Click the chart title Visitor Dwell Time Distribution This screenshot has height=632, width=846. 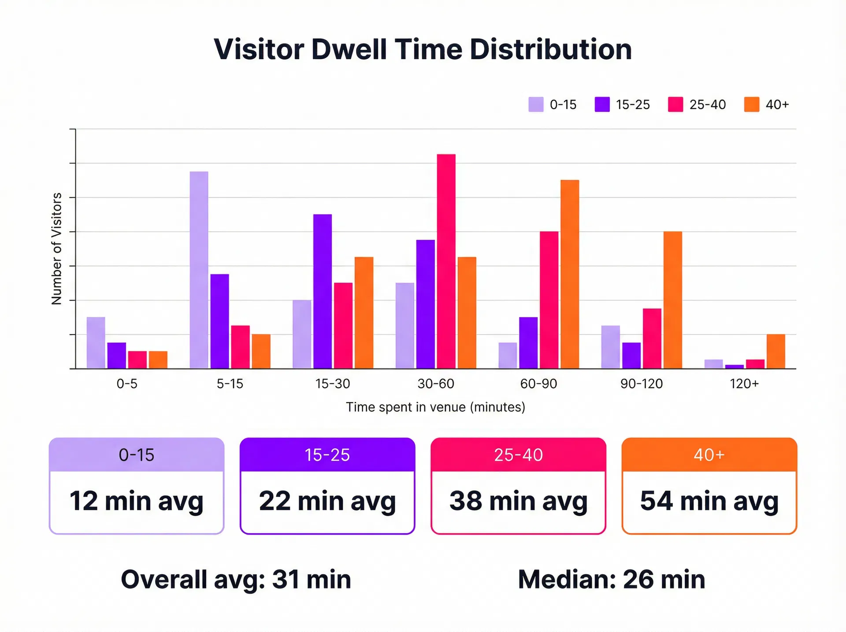point(423,49)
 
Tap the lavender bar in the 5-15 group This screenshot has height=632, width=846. point(199,270)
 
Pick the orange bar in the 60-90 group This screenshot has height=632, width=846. point(569,274)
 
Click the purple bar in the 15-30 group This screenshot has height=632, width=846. point(323,291)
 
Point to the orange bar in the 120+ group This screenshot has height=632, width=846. point(775,351)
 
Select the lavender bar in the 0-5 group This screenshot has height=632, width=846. point(96,342)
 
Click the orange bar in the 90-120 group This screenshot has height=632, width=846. point(672,300)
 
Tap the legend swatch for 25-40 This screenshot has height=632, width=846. point(675,104)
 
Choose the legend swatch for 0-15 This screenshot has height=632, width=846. point(535,104)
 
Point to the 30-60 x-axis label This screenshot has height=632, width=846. point(435,383)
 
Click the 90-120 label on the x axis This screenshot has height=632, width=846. point(641,383)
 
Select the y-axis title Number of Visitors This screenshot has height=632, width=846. point(56,249)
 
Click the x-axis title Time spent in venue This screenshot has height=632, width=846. point(435,407)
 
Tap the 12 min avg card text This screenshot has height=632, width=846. point(137,501)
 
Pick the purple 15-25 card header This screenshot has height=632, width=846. point(327,454)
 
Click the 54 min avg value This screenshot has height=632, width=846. point(709,501)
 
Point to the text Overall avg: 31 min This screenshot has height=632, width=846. point(236,579)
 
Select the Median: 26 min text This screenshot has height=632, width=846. point(611,579)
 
